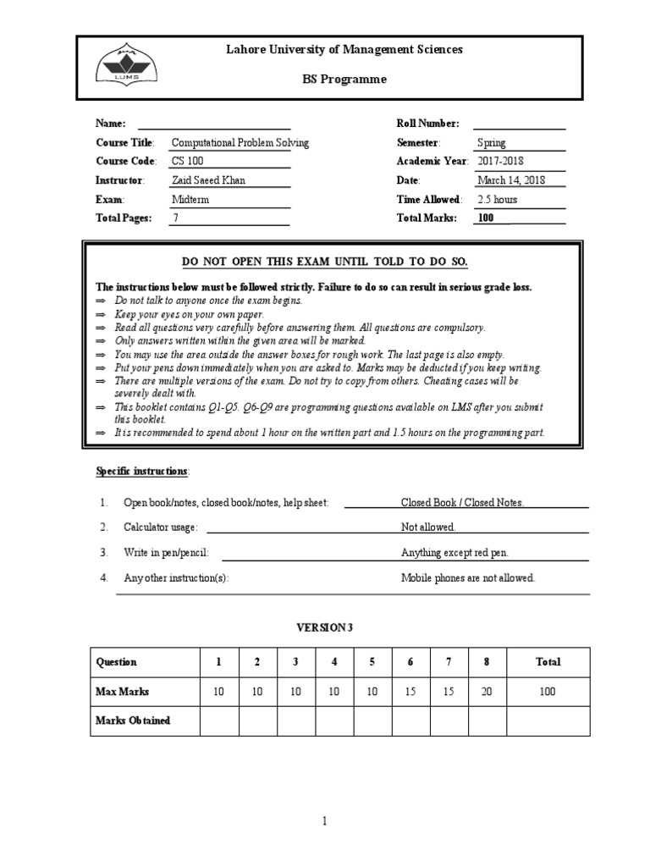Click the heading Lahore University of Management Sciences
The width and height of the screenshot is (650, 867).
pos(344,50)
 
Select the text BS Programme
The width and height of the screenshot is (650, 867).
pos(344,80)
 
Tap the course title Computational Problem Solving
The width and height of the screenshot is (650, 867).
pos(240,143)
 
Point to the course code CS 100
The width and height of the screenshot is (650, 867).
pos(188,162)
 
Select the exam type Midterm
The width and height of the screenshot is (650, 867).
pos(190,200)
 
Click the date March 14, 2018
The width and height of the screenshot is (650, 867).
pos(511,180)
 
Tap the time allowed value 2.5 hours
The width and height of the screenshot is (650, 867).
pos(498,200)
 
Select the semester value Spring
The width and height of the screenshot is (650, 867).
pos(492,143)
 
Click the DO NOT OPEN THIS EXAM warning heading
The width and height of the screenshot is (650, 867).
pos(325,261)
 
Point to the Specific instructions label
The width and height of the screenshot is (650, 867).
pos(142,471)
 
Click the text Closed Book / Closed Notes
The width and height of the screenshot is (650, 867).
pos(462,503)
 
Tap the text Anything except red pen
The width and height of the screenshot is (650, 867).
pos(454,553)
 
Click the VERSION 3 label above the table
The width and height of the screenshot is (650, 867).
pos(322,627)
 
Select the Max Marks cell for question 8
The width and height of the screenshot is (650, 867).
pos(487,692)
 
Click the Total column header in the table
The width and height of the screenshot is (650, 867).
pos(548,662)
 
